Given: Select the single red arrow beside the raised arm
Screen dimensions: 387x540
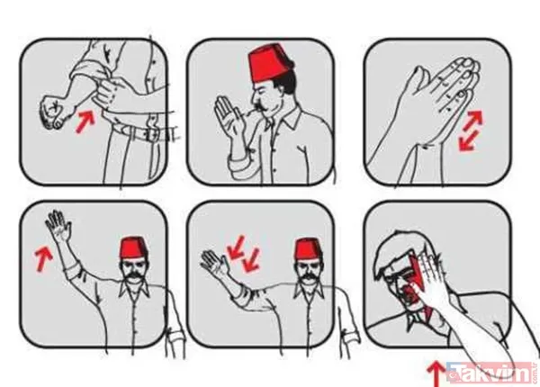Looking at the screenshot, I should (39, 256).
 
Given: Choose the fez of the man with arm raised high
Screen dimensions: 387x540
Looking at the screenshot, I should (135, 247).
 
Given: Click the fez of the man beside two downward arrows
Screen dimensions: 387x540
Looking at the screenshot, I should (310, 248).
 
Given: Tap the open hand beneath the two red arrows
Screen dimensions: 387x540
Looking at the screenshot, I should (217, 267).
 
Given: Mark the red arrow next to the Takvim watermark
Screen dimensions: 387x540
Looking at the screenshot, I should (436, 371).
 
